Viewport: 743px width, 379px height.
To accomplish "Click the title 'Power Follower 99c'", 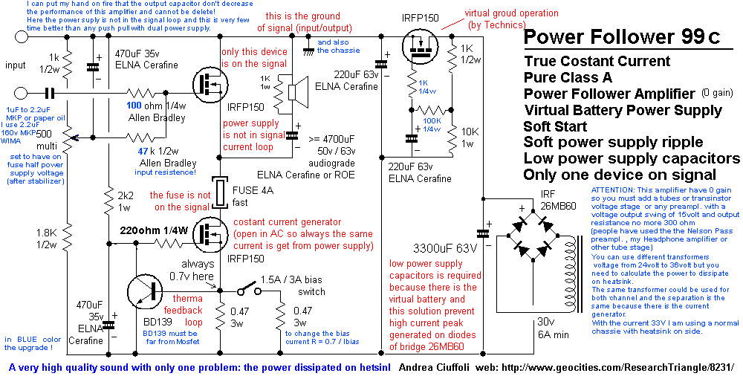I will point(620,37).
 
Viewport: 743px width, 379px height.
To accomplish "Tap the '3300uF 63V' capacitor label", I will point(445,247).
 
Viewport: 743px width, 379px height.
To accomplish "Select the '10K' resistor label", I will point(470,132).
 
